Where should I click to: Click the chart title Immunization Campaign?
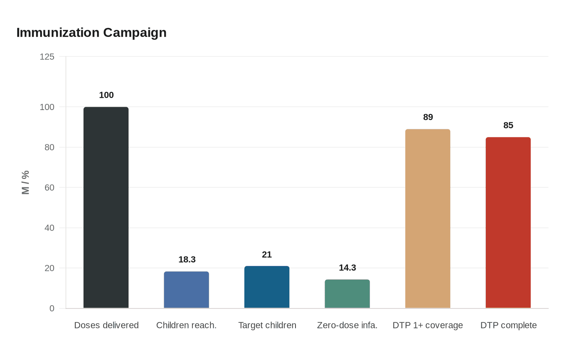[x=91, y=32]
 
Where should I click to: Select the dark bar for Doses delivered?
[x=106, y=207]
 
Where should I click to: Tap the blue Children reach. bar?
[x=186, y=290]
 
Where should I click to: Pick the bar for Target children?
[x=267, y=287]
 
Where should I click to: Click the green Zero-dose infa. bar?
[x=347, y=294]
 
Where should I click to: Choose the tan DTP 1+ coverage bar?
[x=428, y=218]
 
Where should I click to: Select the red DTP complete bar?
[x=508, y=223]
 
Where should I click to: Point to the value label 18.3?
[x=187, y=259]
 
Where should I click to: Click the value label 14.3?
[x=347, y=268]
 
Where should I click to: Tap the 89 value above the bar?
[x=428, y=117]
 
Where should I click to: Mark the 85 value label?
[x=508, y=125]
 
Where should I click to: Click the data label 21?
[x=267, y=254]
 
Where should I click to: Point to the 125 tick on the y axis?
[x=47, y=56]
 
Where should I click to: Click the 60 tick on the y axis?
[x=49, y=187]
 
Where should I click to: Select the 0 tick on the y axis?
[x=52, y=308]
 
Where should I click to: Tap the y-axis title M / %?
[x=25, y=182]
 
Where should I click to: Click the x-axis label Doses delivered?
[x=106, y=325]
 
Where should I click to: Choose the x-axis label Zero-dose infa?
[x=347, y=325]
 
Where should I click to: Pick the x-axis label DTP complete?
[x=508, y=325]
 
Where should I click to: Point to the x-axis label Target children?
[x=267, y=325]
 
